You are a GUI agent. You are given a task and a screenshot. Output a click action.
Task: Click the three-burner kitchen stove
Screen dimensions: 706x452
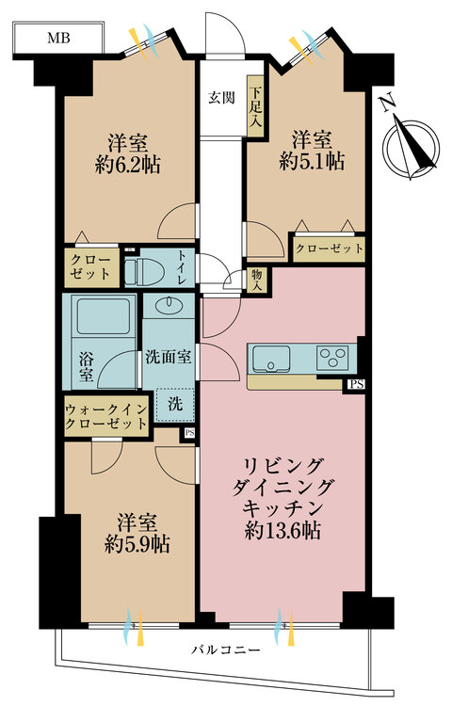(x=333, y=360)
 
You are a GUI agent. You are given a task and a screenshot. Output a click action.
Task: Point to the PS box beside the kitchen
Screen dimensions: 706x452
(x=356, y=384)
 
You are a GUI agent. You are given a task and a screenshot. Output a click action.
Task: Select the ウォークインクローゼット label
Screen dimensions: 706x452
(x=105, y=416)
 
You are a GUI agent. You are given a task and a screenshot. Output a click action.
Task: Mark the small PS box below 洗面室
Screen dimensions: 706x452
(x=189, y=433)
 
